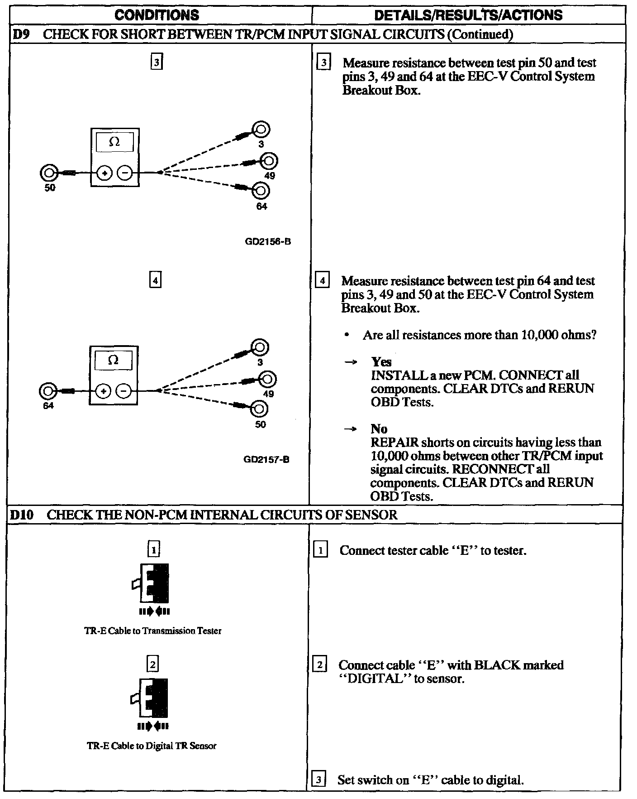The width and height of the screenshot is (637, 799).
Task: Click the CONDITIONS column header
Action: pos(157,15)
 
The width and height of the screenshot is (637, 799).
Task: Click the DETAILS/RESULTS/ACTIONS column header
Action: pos(468,15)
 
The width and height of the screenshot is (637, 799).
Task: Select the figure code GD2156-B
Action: pos(268,241)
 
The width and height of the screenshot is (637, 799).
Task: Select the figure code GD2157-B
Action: pos(266,459)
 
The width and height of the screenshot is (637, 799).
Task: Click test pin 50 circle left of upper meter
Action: pos(48,173)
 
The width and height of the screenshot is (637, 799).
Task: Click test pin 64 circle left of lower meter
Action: pos(48,390)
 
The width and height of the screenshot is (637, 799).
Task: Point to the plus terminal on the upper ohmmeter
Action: pos(105,173)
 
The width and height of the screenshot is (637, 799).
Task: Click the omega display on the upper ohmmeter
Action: pos(114,142)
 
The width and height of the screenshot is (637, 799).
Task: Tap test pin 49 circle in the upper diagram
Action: pos(269,161)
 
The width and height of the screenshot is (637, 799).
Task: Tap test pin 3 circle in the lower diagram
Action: pos(260,348)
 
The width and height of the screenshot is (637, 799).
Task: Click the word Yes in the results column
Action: pos(381,362)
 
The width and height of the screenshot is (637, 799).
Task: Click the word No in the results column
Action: pos(379,429)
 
